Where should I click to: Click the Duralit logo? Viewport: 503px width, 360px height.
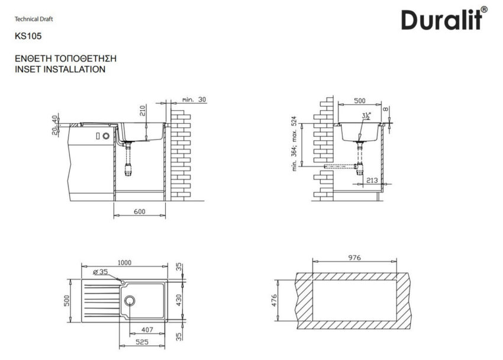(x=444, y=19)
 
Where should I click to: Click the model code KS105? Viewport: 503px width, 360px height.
(x=27, y=36)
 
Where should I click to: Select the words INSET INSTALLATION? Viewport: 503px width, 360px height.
(x=60, y=69)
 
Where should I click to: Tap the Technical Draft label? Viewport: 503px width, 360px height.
(x=34, y=19)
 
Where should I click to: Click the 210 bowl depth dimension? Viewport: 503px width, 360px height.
(x=142, y=111)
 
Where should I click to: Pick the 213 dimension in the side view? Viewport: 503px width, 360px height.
(x=372, y=180)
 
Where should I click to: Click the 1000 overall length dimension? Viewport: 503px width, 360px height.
(x=124, y=263)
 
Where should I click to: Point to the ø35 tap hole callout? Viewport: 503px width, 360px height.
(x=100, y=272)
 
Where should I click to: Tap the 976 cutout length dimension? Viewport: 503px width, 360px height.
(x=354, y=258)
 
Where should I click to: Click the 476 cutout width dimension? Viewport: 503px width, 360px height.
(x=282, y=300)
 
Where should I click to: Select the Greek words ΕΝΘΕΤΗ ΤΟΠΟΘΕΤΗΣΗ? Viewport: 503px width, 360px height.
(x=65, y=59)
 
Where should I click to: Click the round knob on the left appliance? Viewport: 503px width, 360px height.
(x=105, y=136)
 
